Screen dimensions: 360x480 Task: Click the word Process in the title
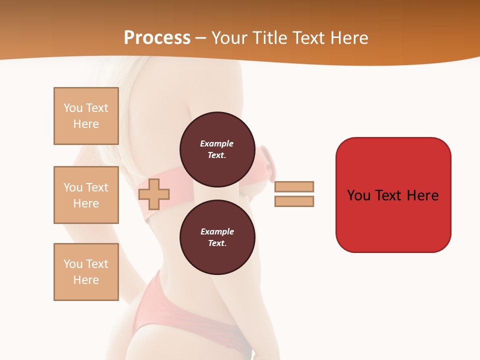coord(157,37)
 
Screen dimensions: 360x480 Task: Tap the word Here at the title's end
coord(348,37)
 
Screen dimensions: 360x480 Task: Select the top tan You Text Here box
coord(86,116)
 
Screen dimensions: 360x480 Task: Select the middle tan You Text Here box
coord(86,195)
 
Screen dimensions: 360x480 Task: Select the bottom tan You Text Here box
coord(86,272)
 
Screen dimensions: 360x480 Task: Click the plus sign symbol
coord(154,194)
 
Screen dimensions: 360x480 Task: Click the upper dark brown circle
coord(217,149)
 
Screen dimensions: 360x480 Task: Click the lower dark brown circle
coord(217,237)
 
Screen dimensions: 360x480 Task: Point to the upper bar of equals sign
coord(294,186)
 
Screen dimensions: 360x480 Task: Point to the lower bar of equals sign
coord(294,201)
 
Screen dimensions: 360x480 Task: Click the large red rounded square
coord(393,220)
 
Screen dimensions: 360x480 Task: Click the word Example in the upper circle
coord(217,143)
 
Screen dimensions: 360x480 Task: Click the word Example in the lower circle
coord(217,231)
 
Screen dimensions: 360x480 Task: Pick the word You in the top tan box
coord(73,108)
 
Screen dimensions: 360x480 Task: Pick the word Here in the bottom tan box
coord(86,280)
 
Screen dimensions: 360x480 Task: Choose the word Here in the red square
coord(422,195)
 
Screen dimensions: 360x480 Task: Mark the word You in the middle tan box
coord(73,187)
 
